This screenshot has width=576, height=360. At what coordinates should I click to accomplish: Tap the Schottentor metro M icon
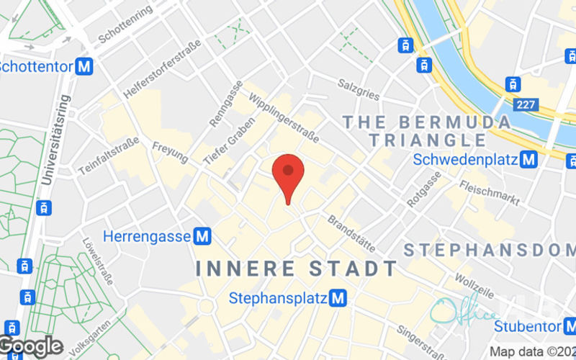(x=86, y=67)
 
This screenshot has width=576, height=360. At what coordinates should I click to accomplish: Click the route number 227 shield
(x=526, y=105)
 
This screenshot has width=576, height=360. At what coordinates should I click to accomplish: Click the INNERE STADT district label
(x=297, y=269)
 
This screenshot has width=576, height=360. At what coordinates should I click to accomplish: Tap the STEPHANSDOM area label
(x=490, y=250)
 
